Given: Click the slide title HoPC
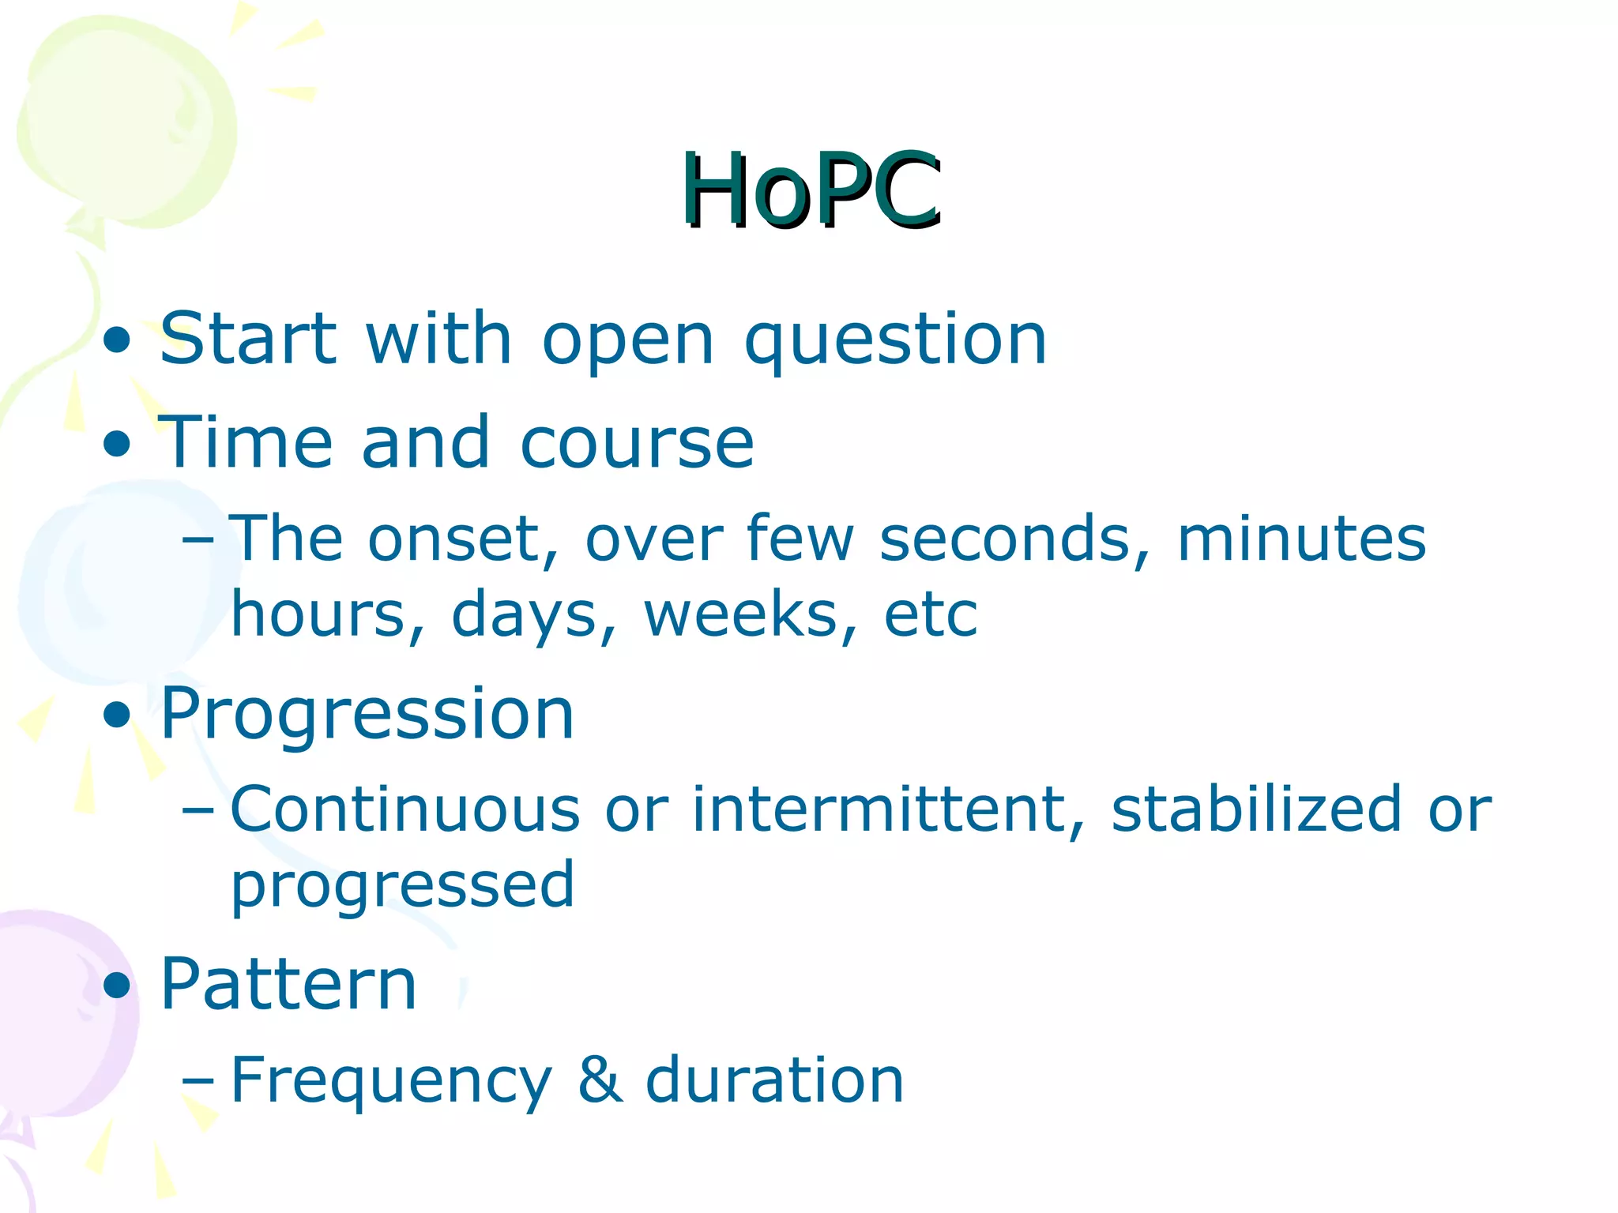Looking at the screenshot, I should coord(811,191).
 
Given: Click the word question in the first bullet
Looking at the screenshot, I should coord(896,340).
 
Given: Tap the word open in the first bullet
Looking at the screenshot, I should coord(628,340).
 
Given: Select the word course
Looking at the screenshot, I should coord(637,442).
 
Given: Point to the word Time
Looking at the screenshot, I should coord(246,442).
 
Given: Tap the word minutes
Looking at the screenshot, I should coord(1301,539).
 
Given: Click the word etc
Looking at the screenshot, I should coord(931,614).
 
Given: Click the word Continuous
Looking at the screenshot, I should coord(405,809).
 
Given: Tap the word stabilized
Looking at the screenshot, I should coord(1256,809).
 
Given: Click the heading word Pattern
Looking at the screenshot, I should coord(288,985).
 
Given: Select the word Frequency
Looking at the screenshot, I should coord(391,1080).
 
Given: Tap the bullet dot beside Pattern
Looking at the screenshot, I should coord(117,986).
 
